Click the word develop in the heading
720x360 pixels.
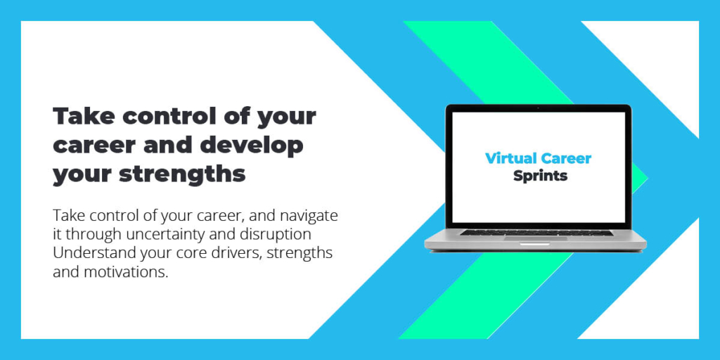[252, 145]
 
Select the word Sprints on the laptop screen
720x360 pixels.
[540, 176]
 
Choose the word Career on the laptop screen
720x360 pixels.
[566, 158]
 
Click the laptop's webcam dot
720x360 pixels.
[538, 108]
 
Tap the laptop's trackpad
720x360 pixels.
[536, 238]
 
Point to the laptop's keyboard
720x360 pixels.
[536, 232]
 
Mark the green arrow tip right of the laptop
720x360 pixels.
[647, 178]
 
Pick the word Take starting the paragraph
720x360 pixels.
[65, 216]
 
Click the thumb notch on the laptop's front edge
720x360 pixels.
[535, 245]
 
